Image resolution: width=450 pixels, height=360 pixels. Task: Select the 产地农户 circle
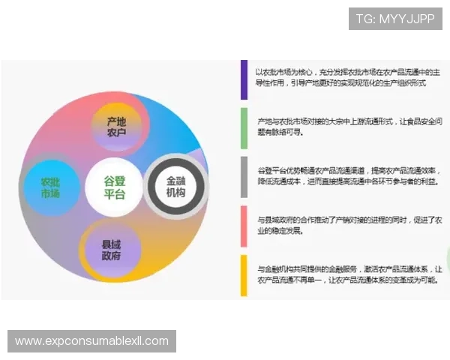pyautogui.click(x=115, y=127)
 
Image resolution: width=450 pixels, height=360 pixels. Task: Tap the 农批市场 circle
pyautogui.click(x=50, y=187)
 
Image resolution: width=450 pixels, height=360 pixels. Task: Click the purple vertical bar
pyautogui.click(x=244, y=79)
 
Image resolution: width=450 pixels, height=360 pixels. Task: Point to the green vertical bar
pyautogui.click(x=244, y=127)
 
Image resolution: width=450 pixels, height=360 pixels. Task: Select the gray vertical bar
pyautogui.click(x=244, y=177)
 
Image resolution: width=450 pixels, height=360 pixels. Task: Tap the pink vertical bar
pyautogui.click(x=244, y=226)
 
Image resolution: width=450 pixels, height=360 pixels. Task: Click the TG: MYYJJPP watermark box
pyautogui.click(x=395, y=19)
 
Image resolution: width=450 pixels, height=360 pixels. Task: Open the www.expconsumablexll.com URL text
pyautogui.click(x=92, y=341)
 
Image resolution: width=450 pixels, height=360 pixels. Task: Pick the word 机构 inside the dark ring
pyautogui.click(x=175, y=194)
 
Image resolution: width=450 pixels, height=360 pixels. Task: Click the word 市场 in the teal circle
pyautogui.click(x=50, y=194)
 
